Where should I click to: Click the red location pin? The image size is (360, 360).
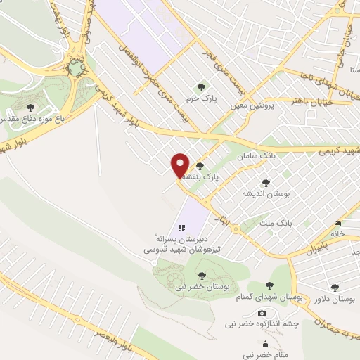[x=180, y=165]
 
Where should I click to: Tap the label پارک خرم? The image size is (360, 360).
[x=201, y=99]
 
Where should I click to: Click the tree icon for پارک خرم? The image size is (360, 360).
[x=202, y=87]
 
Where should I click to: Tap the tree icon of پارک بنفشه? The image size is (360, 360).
[x=201, y=167]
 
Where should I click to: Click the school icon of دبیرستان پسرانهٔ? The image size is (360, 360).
[x=181, y=228]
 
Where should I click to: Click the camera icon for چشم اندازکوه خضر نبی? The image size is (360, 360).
[x=262, y=313]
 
